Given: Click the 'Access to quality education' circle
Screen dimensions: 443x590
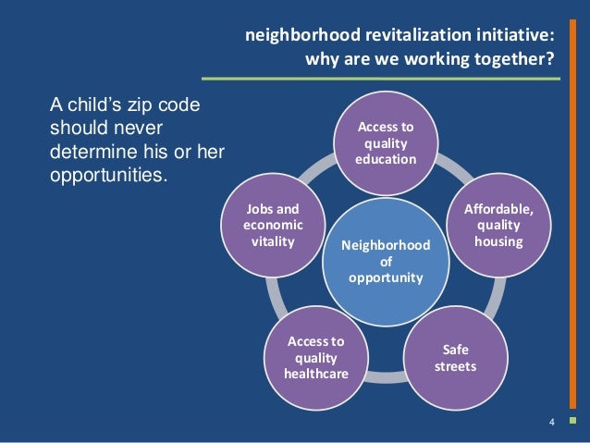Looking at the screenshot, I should coord(386,144).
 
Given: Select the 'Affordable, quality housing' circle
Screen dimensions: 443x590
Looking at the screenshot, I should coord(498,226).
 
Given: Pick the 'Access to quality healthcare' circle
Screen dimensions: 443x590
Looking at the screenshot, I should coord(315,358).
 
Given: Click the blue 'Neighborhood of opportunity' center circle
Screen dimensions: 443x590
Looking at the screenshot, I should coord(386,262).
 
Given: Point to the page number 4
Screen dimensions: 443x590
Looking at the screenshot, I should coord(551,424).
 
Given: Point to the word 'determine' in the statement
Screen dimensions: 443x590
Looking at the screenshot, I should coord(89,150).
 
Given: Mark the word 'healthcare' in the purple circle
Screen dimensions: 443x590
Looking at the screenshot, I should coord(315,374).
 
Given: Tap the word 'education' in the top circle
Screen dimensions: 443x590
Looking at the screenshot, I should coord(386,160).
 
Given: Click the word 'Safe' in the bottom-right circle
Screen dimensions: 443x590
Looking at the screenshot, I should coord(455,351).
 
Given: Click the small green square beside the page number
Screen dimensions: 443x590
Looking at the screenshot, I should coord(572,424).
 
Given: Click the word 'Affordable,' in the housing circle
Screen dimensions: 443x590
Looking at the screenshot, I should coord(498,210).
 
